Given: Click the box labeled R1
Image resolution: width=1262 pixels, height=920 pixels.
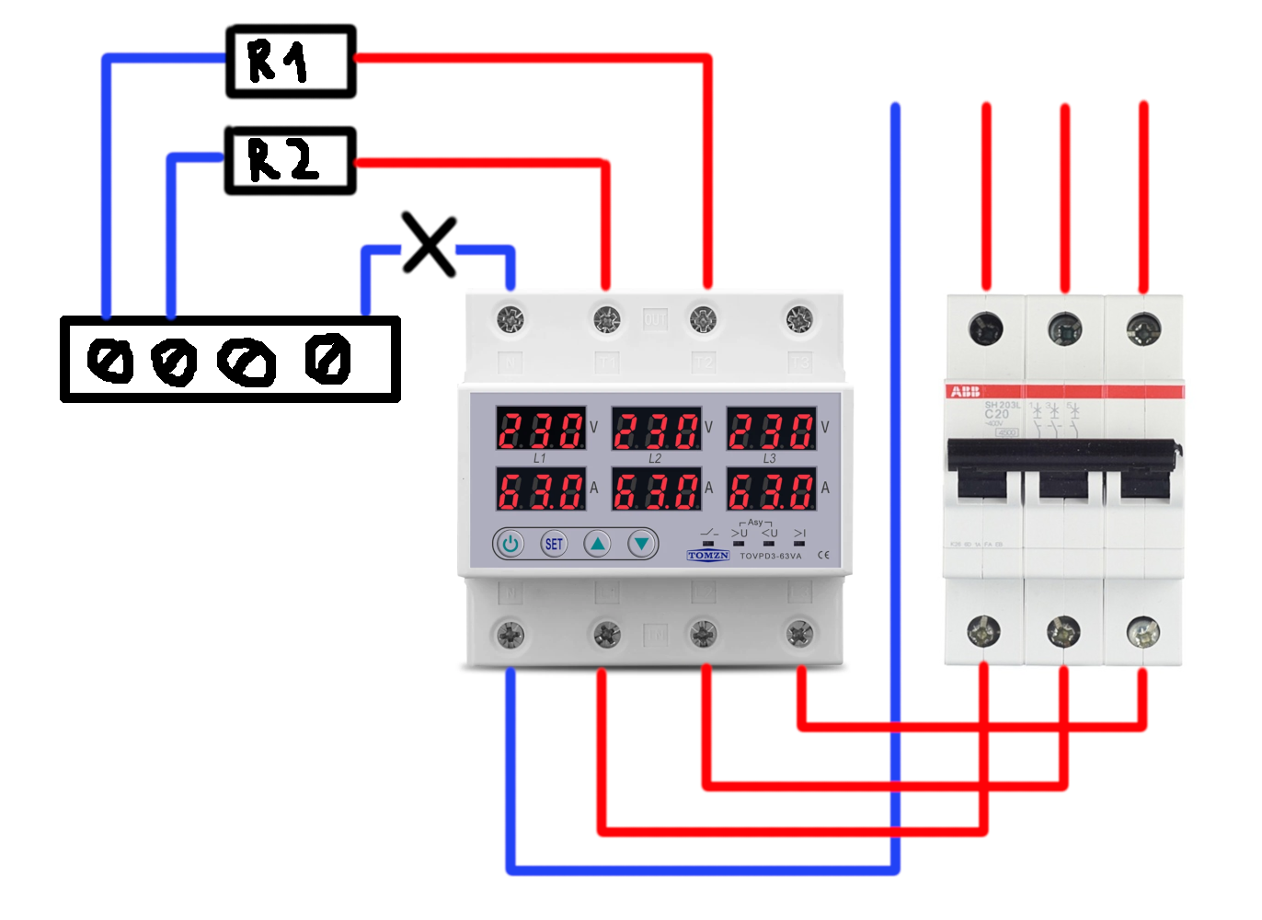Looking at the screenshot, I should [291, 62].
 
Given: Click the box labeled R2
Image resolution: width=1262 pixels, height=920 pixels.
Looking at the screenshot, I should [291, 161].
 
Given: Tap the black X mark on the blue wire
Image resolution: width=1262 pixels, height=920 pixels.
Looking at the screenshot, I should [429, 246].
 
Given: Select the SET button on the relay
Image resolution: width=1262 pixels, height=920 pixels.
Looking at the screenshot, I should [554, 544].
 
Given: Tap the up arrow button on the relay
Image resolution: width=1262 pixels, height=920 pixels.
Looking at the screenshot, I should [598, 544].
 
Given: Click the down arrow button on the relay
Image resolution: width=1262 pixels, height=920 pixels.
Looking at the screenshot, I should [642, 544].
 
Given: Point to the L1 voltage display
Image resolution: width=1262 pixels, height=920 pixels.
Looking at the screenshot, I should [540, 429].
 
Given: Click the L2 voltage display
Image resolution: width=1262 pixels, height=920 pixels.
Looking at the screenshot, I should [656, 429].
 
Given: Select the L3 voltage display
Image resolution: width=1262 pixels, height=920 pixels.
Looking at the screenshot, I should [772, 429].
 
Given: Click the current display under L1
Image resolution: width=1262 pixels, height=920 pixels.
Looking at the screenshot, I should [540, 489].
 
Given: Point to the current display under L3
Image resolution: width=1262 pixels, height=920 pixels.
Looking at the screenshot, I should [772, 489].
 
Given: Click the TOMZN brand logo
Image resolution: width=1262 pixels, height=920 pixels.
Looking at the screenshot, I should [708, 556].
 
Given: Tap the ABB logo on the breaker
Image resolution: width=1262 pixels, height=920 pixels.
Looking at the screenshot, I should [965, 392].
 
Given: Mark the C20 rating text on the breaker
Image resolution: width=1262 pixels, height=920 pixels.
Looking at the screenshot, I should [996, 414].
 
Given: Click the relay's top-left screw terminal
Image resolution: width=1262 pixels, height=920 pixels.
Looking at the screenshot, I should [511, 319].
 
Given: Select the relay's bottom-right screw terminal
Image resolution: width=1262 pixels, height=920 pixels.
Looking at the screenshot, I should [799, 633].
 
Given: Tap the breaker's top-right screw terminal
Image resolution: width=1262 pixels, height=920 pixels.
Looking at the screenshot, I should [1143, 328].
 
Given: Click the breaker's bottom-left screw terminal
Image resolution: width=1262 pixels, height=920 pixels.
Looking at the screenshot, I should [984, 631].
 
